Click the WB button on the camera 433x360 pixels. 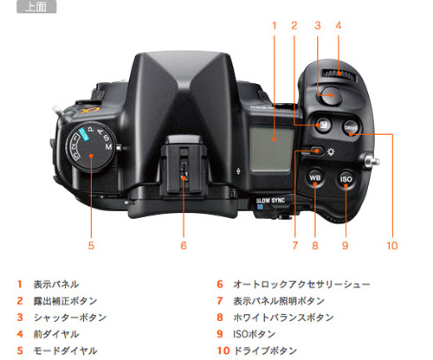315,180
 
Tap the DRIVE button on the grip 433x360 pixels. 351,127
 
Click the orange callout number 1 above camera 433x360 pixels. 274,25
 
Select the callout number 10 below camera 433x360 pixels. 391,246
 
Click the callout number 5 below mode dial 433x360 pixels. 90,246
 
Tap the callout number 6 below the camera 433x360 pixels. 184,246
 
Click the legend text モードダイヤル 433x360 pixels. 65,350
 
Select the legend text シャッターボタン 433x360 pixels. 69,318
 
